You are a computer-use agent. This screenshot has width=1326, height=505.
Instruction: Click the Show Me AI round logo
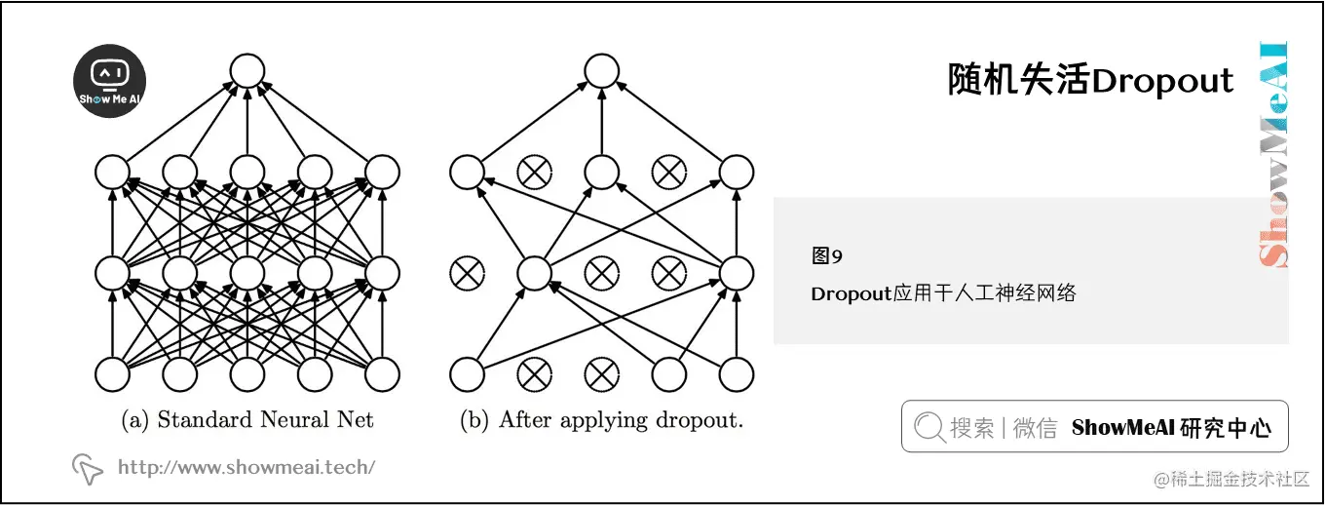tap(110, 81)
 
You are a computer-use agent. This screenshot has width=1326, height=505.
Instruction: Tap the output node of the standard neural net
tap(246, 70)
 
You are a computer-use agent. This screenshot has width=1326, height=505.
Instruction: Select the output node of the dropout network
tap(601, 70)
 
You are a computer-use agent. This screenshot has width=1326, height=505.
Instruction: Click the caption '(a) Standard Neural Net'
tap(247, 420)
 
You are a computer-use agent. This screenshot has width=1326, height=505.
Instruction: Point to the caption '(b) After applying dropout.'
tap(601, 420)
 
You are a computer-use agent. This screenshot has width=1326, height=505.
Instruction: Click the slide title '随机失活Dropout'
tap(1090, 80)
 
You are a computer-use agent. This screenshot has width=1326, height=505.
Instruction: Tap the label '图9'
tap(826, 256)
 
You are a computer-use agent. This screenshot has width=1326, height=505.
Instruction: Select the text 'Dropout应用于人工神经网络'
tap(943, 292)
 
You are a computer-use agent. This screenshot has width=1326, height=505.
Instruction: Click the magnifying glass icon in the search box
tap(929, 427)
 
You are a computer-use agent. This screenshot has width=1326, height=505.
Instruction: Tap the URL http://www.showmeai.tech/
tap(246, 467)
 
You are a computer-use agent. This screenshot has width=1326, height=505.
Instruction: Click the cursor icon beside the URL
tap(88, 469)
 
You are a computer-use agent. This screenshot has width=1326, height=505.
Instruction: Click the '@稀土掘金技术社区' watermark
tap(1231, 479)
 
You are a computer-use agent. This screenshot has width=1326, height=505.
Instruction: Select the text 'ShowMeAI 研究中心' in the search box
tap(1171, 427)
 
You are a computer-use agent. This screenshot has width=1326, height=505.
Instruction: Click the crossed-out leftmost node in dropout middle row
tap(467, 273)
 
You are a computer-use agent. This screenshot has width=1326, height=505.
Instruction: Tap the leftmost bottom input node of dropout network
tap(467, 373)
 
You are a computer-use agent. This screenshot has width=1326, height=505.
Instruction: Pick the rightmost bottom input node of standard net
tap(382, 373)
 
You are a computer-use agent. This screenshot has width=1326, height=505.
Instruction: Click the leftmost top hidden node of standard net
tap(112, 173)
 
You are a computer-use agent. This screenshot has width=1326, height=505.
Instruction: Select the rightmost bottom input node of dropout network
tap(737, 373)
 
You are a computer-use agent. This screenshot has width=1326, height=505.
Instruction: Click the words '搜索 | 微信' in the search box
tap(1004, 427)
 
